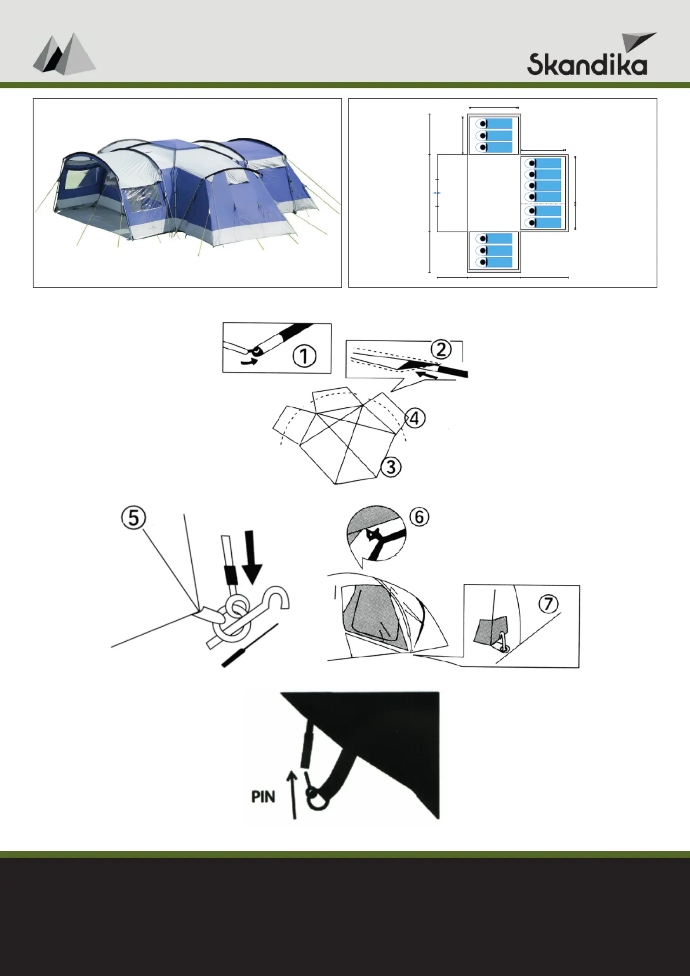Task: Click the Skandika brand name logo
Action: point(587,64)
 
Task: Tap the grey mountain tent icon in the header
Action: point(64,53)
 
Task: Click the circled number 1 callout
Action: point(304,356)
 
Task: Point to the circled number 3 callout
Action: point(391,467)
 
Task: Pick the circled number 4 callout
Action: point(415,418)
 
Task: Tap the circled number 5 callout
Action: point(133,518)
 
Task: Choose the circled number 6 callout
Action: point(419,517)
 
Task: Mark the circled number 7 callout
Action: point(549,603)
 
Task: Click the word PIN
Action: point(263,797)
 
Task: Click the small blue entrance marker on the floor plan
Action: point(437,193)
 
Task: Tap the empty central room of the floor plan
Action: point(494,193)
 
